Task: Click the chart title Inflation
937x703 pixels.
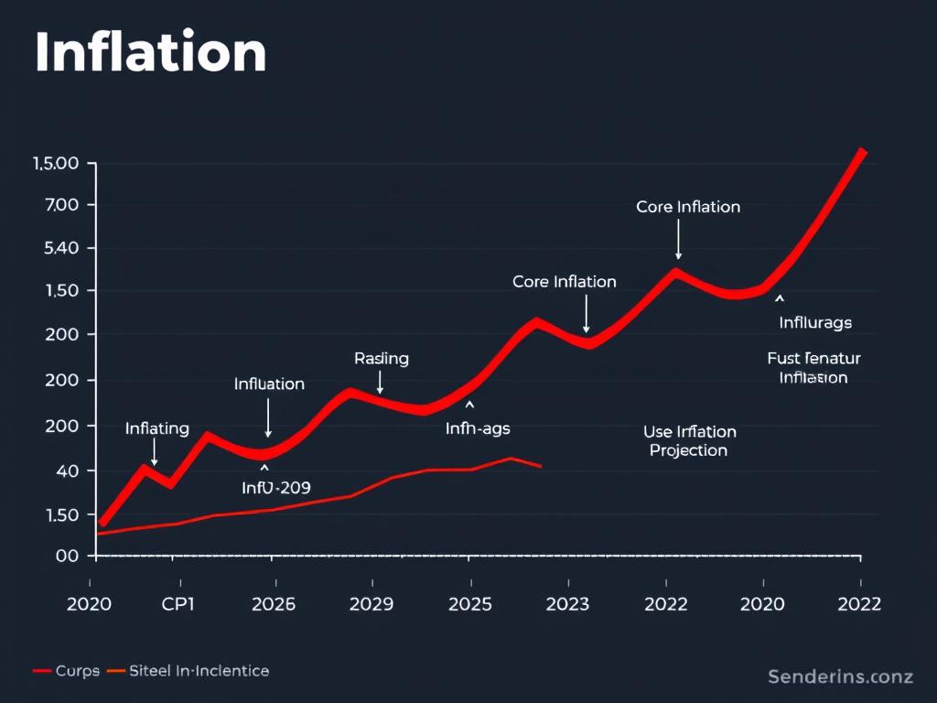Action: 151,54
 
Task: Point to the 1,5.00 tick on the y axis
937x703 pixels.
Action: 56,164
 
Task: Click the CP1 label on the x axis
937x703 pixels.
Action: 179,604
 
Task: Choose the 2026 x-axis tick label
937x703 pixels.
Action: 273,604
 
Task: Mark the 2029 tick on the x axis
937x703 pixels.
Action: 372,604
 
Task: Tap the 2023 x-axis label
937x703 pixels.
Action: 567,604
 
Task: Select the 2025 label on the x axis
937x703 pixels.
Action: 469,604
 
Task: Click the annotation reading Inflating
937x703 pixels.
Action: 156,428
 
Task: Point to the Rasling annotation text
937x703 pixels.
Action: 382,359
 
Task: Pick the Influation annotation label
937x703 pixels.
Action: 269,384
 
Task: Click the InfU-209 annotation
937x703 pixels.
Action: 275,488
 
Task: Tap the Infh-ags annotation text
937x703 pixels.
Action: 478,427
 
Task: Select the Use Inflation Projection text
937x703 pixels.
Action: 689,441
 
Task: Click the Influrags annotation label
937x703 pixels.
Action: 815,323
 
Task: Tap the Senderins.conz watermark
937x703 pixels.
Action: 840,677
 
